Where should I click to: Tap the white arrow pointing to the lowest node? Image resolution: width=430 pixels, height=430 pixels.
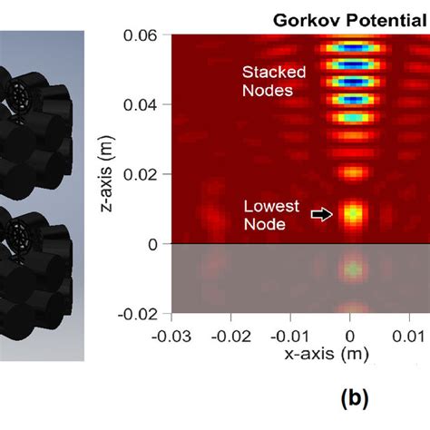click(321, 214)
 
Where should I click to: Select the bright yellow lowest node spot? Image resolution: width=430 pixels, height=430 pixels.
click(351, 215)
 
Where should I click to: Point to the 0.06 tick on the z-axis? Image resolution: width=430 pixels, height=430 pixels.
click(145, 35)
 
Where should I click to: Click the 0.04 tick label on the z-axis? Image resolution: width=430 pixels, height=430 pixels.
click(145, 105)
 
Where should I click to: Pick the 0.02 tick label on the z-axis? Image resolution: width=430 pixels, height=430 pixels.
click(145, 174)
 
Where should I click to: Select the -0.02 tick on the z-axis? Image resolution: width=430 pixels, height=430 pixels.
click(142, 313)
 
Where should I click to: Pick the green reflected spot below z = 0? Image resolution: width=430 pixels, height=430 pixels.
click(351, 269)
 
